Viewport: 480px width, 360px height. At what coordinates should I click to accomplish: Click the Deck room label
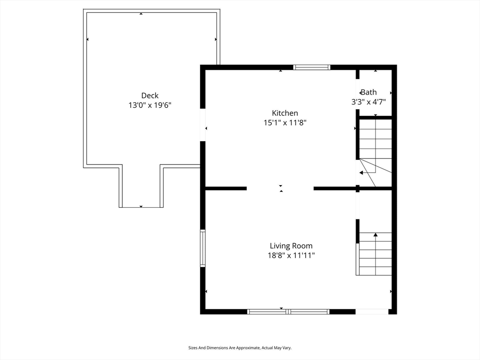click(150, 96)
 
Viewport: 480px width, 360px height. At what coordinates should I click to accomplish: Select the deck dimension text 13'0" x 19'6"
click(150, 105)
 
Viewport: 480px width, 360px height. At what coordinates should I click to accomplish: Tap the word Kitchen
click(285, 113)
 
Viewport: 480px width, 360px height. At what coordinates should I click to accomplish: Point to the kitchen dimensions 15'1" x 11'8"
click(285, 123)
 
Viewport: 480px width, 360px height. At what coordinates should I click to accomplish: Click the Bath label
click(369, 92)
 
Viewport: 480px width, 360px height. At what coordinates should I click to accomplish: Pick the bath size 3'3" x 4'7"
click(369, 102)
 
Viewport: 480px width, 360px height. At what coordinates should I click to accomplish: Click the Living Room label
click(291, 246)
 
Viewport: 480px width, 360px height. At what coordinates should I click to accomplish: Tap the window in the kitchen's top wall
click(312, 67)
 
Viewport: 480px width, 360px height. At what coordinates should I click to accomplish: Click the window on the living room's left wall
click(203, 248)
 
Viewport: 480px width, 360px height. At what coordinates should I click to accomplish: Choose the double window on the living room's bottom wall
click(288, 311)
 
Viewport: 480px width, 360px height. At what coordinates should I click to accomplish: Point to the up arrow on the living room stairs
click(375, 234)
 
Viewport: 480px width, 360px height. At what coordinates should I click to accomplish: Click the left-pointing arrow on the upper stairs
click(361, 172)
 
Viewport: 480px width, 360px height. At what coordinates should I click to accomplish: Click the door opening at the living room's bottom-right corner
click(372, 311)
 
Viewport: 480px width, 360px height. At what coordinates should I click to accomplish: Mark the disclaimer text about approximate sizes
click(240, 348)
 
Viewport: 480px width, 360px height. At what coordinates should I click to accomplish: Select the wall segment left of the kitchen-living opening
click(226, 188)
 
